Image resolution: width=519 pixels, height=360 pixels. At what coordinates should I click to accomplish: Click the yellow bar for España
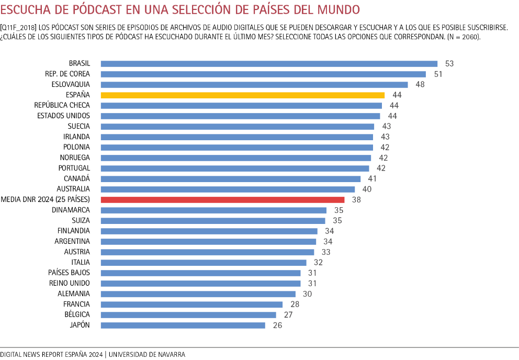(242, 95)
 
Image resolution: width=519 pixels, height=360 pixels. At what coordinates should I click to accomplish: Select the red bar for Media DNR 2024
(222, 199)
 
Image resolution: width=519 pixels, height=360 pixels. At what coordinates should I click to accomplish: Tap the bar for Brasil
(268, 63)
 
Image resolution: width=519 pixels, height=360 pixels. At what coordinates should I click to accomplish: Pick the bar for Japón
(183, 325)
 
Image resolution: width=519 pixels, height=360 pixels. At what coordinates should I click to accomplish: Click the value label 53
(449, 64)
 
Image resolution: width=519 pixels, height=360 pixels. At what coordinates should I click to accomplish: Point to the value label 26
(277, 325)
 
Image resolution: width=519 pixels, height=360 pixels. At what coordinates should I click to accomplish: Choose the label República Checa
(62, 105)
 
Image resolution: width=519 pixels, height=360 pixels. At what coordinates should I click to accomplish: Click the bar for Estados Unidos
(240, 116)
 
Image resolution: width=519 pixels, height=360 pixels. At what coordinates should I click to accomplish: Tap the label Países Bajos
(69, 273)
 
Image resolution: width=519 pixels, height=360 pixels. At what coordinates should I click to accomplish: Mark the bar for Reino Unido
(200, 283)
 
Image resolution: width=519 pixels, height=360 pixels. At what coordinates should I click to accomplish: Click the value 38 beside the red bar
(356, 200)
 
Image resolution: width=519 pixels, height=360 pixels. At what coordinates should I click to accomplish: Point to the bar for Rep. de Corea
(263, 74)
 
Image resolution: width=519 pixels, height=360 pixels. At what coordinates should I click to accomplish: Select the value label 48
(420, 85)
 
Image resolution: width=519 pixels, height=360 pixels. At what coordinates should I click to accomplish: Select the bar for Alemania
(198, 294)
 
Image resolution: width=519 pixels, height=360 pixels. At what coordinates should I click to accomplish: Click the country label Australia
(73, 189)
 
